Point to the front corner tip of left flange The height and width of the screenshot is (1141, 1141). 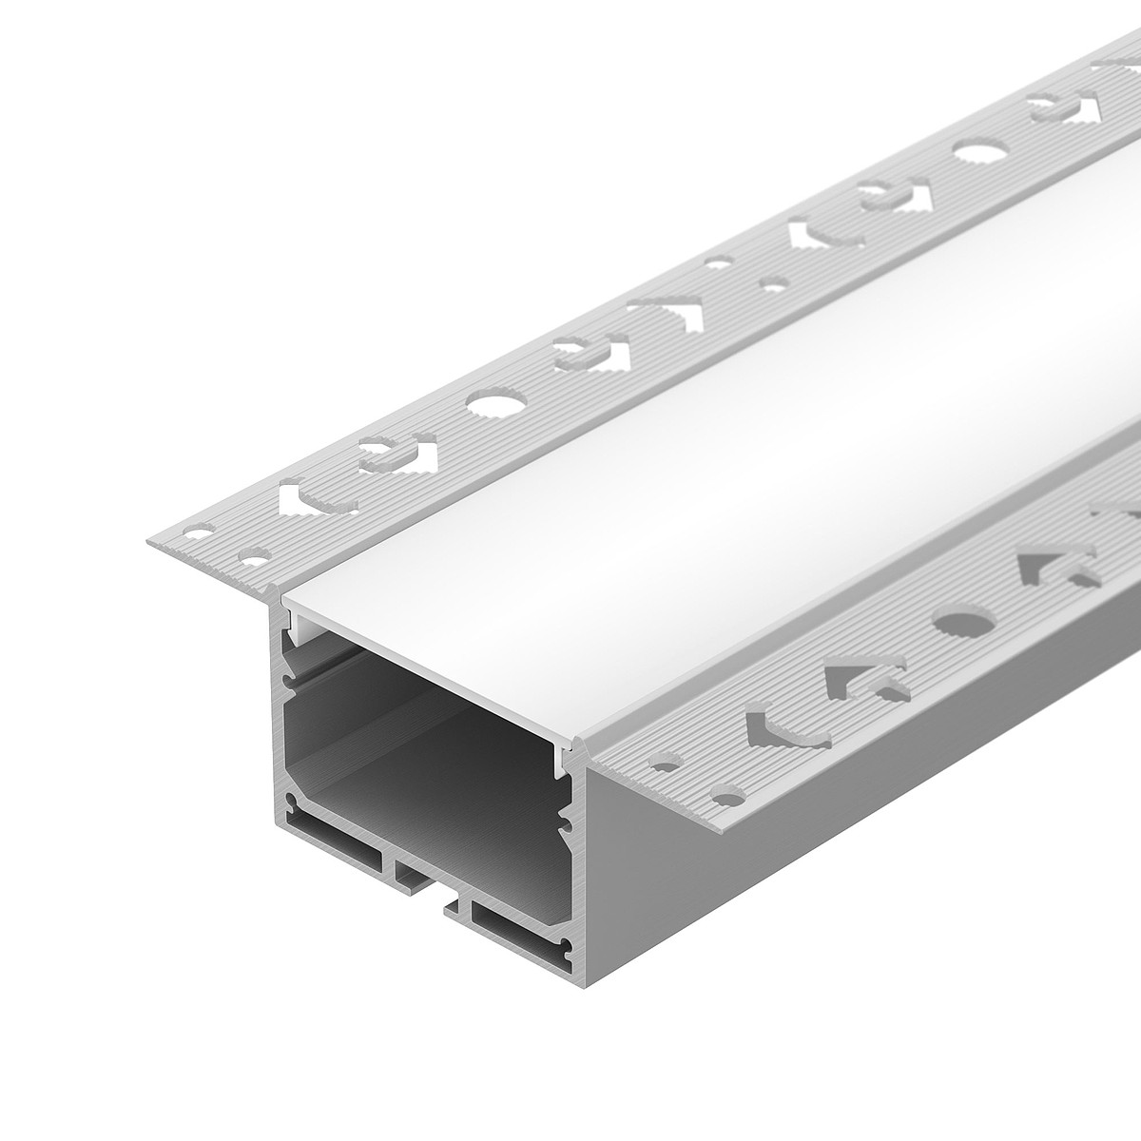(147, 542)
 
